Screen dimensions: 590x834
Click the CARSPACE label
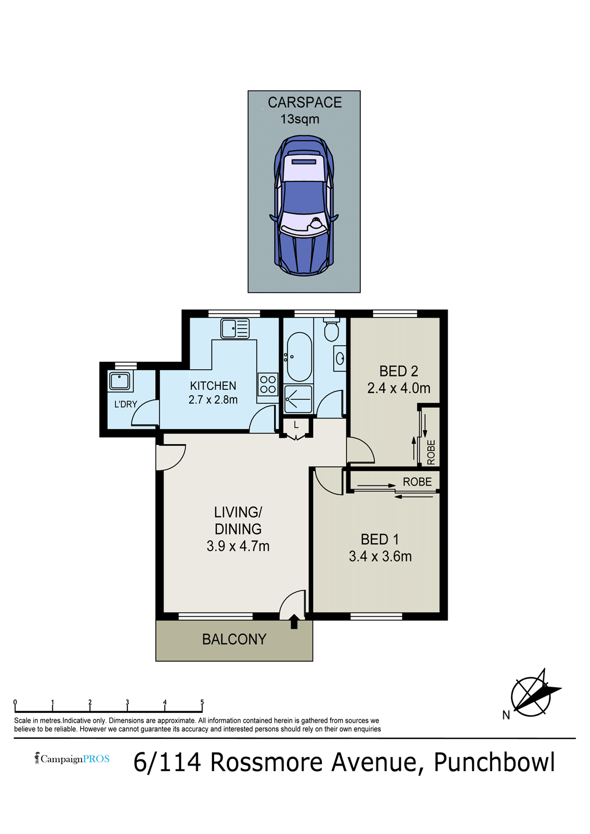[305, 102]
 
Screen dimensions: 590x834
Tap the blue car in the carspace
[304, 206]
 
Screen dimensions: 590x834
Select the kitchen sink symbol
[235, 329]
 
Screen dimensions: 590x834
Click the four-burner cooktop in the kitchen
[267, 385]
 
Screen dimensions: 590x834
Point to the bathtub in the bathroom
[299, 357]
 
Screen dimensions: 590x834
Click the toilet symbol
[331, 330]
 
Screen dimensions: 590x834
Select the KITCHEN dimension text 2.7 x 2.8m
[213, 400]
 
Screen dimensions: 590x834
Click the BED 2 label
[399, 371]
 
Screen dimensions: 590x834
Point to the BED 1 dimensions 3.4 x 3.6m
[380, 557]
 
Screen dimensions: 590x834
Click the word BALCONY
[234, 639]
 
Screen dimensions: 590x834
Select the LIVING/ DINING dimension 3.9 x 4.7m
[238, 546]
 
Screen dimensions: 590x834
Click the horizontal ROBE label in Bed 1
[417, 482]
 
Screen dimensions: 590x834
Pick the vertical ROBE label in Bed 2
[431, 453]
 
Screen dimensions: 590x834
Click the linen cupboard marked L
[296, 425]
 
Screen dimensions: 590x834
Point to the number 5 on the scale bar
[202, 702]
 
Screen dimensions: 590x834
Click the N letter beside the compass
[506, 715]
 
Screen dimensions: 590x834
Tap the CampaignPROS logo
[72, 758]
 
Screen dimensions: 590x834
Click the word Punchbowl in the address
[494, 762]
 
